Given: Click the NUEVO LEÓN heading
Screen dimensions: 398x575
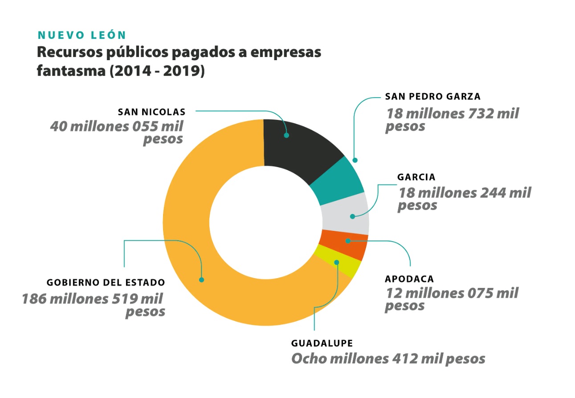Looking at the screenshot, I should tap(82, 35).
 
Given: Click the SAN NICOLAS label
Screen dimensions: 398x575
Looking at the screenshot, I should tap(151, 111).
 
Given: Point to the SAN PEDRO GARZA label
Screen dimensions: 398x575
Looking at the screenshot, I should tap(432, 97).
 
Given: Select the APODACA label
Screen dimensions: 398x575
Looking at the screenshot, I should tap(409, 279).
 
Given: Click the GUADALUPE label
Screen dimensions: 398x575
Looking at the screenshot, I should tap(322, 343).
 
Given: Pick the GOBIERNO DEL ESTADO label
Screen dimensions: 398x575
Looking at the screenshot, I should tap(106, 283).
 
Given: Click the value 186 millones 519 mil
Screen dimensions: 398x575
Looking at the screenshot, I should tap(93, 298).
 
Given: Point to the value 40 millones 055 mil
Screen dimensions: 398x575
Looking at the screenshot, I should tap(117, 126).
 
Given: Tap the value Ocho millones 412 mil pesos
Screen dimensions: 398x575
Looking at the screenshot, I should tap(388, 359).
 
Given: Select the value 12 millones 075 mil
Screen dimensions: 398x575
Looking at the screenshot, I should tap(451, 294).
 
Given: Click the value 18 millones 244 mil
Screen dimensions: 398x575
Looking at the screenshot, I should tap(464, 193).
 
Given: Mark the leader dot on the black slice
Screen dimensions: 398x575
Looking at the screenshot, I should tap(287, 135).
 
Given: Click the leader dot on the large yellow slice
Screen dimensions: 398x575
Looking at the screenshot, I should tap(202, 280).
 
